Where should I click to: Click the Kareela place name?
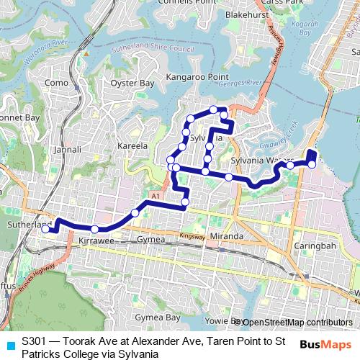click(x=132, y=145)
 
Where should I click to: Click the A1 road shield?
click(x=155, y=196)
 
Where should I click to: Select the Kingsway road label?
click(x=192, y=235)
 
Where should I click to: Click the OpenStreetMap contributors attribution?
click(x=297, y=323)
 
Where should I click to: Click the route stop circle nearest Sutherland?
click(x=45, y=229)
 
